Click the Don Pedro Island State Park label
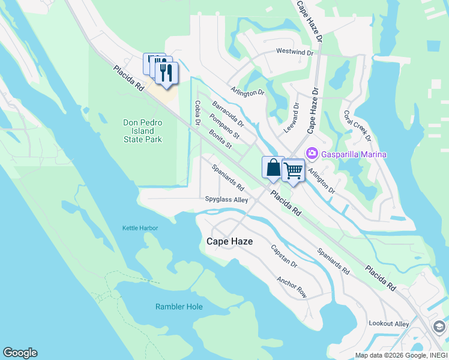(142, 131)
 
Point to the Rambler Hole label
(179, 307)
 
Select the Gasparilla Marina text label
(354, 154)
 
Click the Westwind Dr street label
(295, 52)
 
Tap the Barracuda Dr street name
(228, 114)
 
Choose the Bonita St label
(220, 140)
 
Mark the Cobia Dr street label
(197, 113)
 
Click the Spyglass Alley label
(226, 200)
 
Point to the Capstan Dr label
(284, 256)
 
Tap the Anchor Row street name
(292, 287)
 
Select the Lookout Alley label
(388, 324)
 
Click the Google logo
(20, 353)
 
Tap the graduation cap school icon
(439, 326)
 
